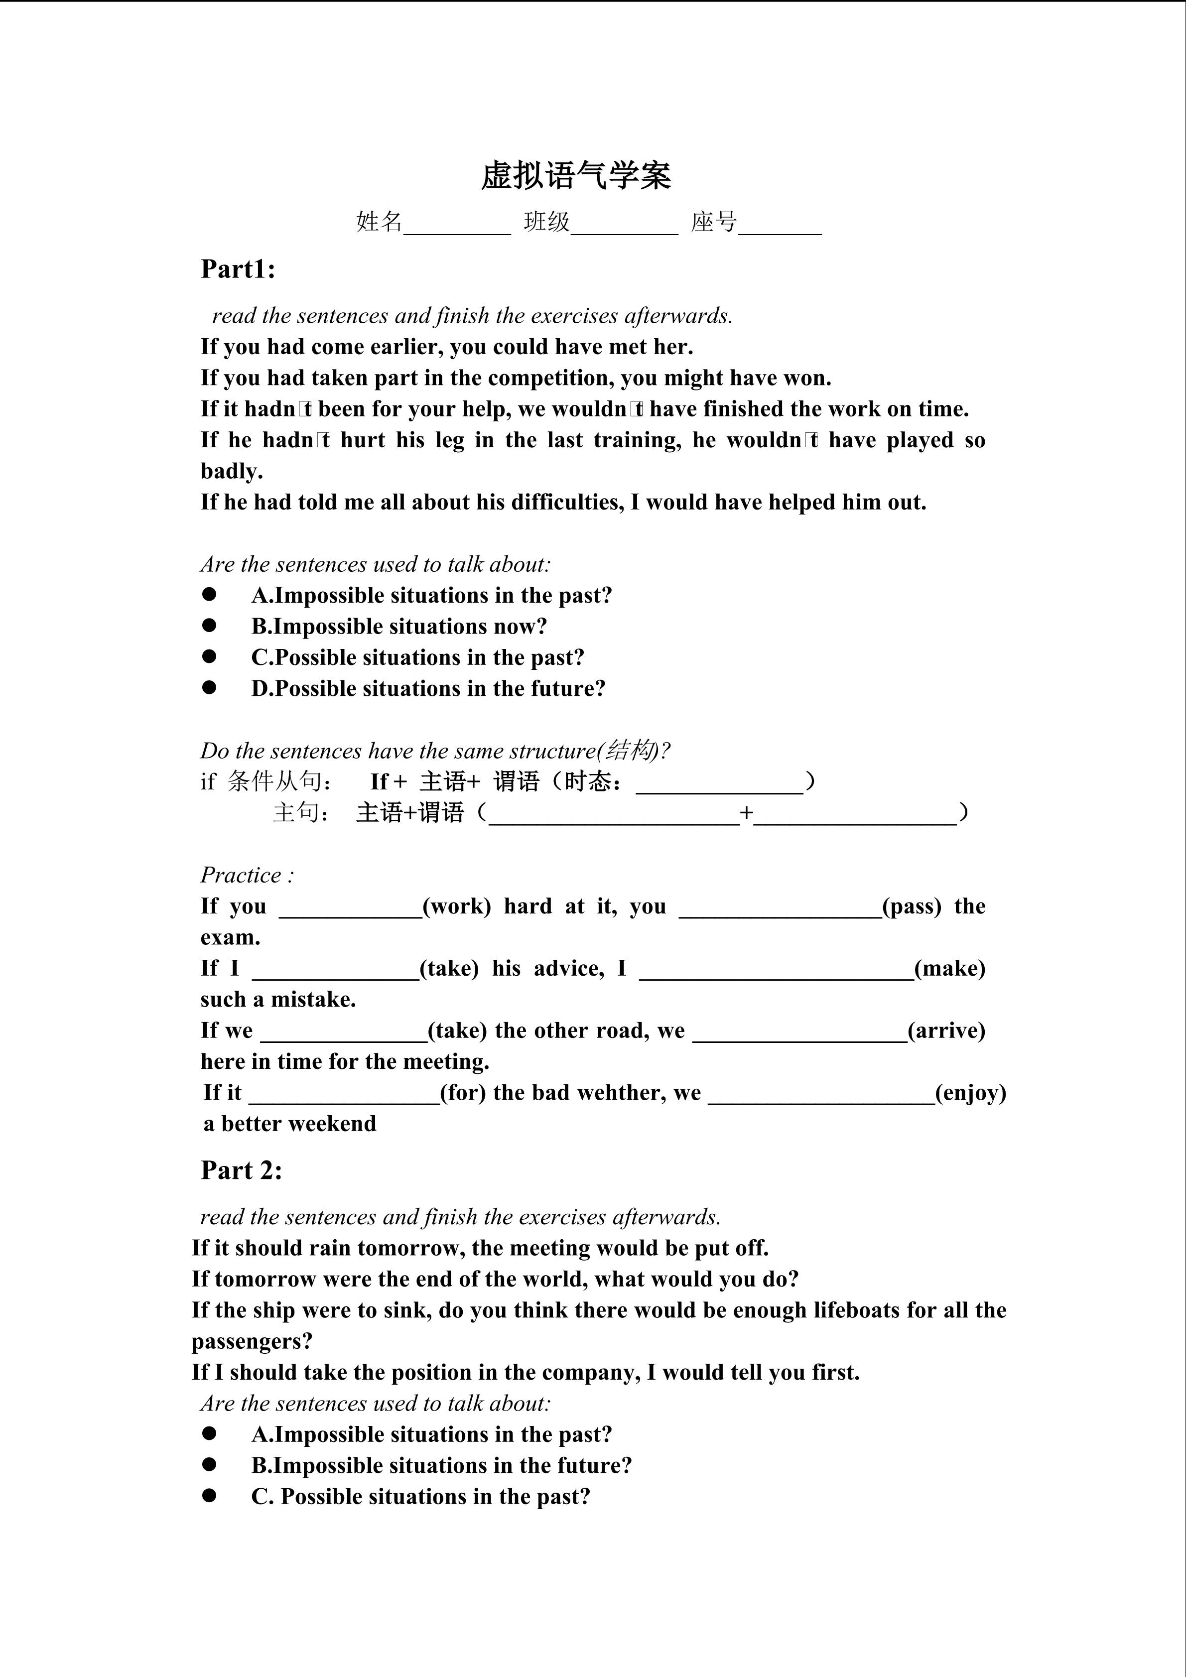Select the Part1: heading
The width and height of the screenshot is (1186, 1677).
pyautogui.click(x=238, y=269)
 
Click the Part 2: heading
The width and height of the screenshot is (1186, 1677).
pyautogui.click(x=241, y=1170)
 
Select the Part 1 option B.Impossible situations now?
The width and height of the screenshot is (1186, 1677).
pyautogui.click(x=399, y=627)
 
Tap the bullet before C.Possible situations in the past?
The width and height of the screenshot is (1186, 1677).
pyautogui.click(x=210, y=656)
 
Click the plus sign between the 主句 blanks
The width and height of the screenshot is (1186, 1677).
pyautogui.click(x=746, y=813)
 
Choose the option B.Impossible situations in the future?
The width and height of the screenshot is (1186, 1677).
pyautogui.click(x=441, y=1466)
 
